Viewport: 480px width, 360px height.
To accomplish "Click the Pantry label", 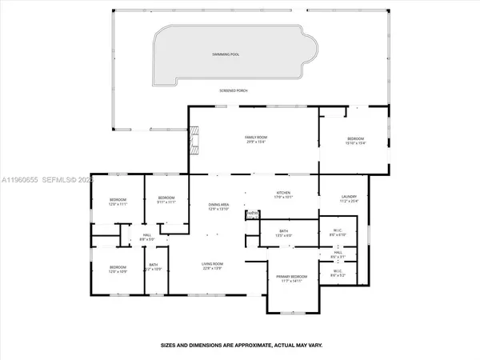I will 252,214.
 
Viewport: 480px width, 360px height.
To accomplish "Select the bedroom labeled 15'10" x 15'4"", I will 354,140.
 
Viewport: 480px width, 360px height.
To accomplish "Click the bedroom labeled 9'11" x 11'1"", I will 166,200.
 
